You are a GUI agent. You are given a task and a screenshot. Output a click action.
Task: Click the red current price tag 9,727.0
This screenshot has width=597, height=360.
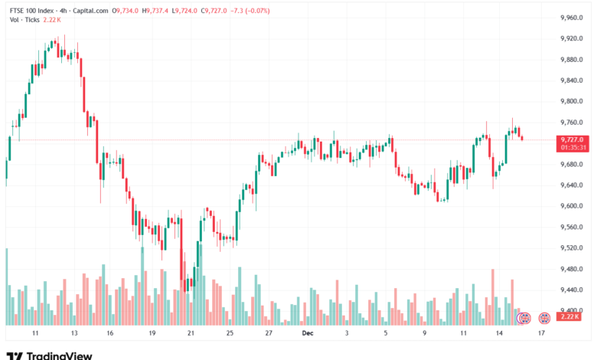(x=573, y=139)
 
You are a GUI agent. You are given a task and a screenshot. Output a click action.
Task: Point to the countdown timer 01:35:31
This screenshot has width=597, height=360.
(x=573, y=147)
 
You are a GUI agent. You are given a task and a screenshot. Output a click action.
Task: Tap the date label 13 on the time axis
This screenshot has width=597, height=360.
(x=73, y=334)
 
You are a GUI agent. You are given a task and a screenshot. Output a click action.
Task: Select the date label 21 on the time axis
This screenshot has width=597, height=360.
(x=191, y=334)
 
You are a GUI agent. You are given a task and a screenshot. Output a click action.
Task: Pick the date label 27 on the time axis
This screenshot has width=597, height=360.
(x=269, y=334)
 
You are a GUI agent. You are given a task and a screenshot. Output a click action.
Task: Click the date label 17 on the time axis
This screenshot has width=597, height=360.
(x=541, y=334)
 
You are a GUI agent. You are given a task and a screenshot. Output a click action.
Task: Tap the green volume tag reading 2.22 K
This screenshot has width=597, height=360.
(x=570, y=316)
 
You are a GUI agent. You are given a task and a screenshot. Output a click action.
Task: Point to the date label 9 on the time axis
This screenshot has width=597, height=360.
(x=423, y=334)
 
